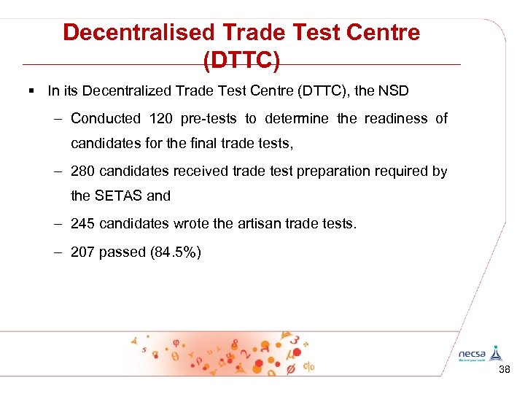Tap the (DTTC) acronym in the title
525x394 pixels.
pyautogui.click(x=241, y=60)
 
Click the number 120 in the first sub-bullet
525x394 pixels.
pyautogui.click(x=161, y=118)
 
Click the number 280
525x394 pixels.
pyautogui.click(x=83, y=171)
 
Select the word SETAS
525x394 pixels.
pyautogui.click(x=116, y=196)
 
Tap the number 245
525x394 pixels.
pyautogui.click(x=83, y=223)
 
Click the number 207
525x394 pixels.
pyautogui.click(x=83, y=252)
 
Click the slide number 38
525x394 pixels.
pyautogui.click(x=504, y=371)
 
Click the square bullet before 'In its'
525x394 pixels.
pyautogui.click(x=33, y=91)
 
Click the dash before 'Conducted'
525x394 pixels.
pyautogui.click(x=58, y=118)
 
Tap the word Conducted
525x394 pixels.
pyautogui.click(x=105, y=118)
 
